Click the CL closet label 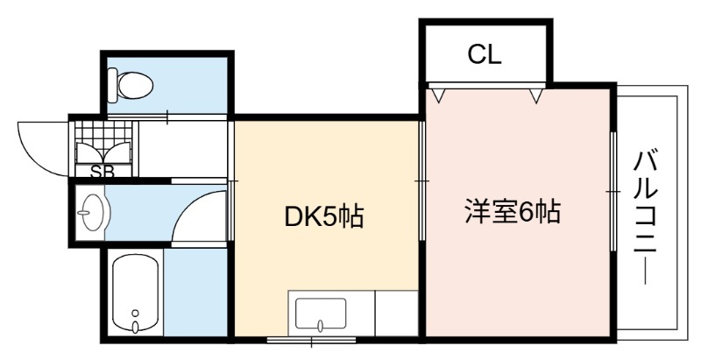pos(485,54)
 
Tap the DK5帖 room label pos(324,216)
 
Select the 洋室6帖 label pos(513,211)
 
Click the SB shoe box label pos(103,172)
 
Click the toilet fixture pos(130,84)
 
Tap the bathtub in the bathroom pos(136,293)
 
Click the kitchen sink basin pos(321,314)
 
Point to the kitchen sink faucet pos(320,326)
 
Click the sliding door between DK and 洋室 pos(422,181)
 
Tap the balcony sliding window pos(613,192)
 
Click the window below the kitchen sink pos(312,341)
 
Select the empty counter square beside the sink pos(397,313)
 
